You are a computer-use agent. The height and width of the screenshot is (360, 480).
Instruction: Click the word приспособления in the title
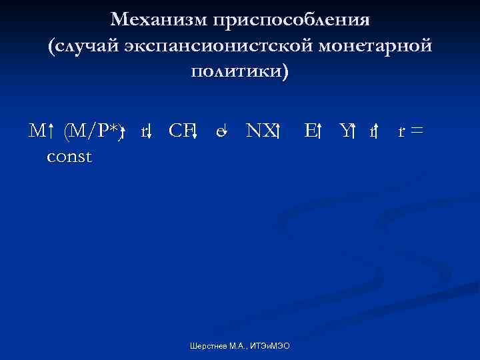pos(291,19)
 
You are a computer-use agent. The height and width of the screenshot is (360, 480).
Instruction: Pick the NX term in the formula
pos(259,131)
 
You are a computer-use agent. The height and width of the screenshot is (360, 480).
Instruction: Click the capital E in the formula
pos(309,131)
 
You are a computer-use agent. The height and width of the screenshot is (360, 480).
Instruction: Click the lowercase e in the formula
pos(219,133)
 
